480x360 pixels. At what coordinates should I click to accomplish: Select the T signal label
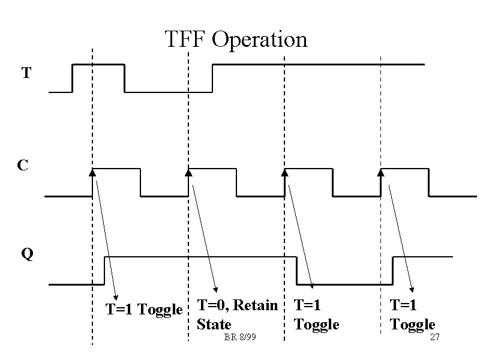click(26, 73)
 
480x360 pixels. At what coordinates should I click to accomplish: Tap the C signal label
click(22, 165)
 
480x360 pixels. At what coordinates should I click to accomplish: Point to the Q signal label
click(27, 254)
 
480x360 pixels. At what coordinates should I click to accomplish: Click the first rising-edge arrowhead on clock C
click(92, 173)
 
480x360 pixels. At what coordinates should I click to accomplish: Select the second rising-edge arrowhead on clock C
click(188, 173)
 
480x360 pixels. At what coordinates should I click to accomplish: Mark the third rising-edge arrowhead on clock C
click(285, 173)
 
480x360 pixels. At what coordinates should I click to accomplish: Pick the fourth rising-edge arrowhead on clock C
click(380, 173)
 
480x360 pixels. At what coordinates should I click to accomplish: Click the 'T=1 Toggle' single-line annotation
click(144, 310)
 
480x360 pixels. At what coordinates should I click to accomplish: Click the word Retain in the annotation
click(256, 305)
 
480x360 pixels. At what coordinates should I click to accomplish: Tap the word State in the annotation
click(214, 325)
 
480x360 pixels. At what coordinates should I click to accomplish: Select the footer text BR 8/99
click(239, 338)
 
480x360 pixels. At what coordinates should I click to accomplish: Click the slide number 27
click(435, 338)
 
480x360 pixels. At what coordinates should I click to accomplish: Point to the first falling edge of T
click(124, 78)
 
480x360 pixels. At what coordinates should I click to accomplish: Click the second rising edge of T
click(213, 78)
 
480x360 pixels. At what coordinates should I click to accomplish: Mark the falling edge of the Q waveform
click(297, 271)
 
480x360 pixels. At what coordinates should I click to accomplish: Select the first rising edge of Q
click(105, 271)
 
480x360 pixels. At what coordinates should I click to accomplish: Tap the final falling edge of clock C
click(429, 182)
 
